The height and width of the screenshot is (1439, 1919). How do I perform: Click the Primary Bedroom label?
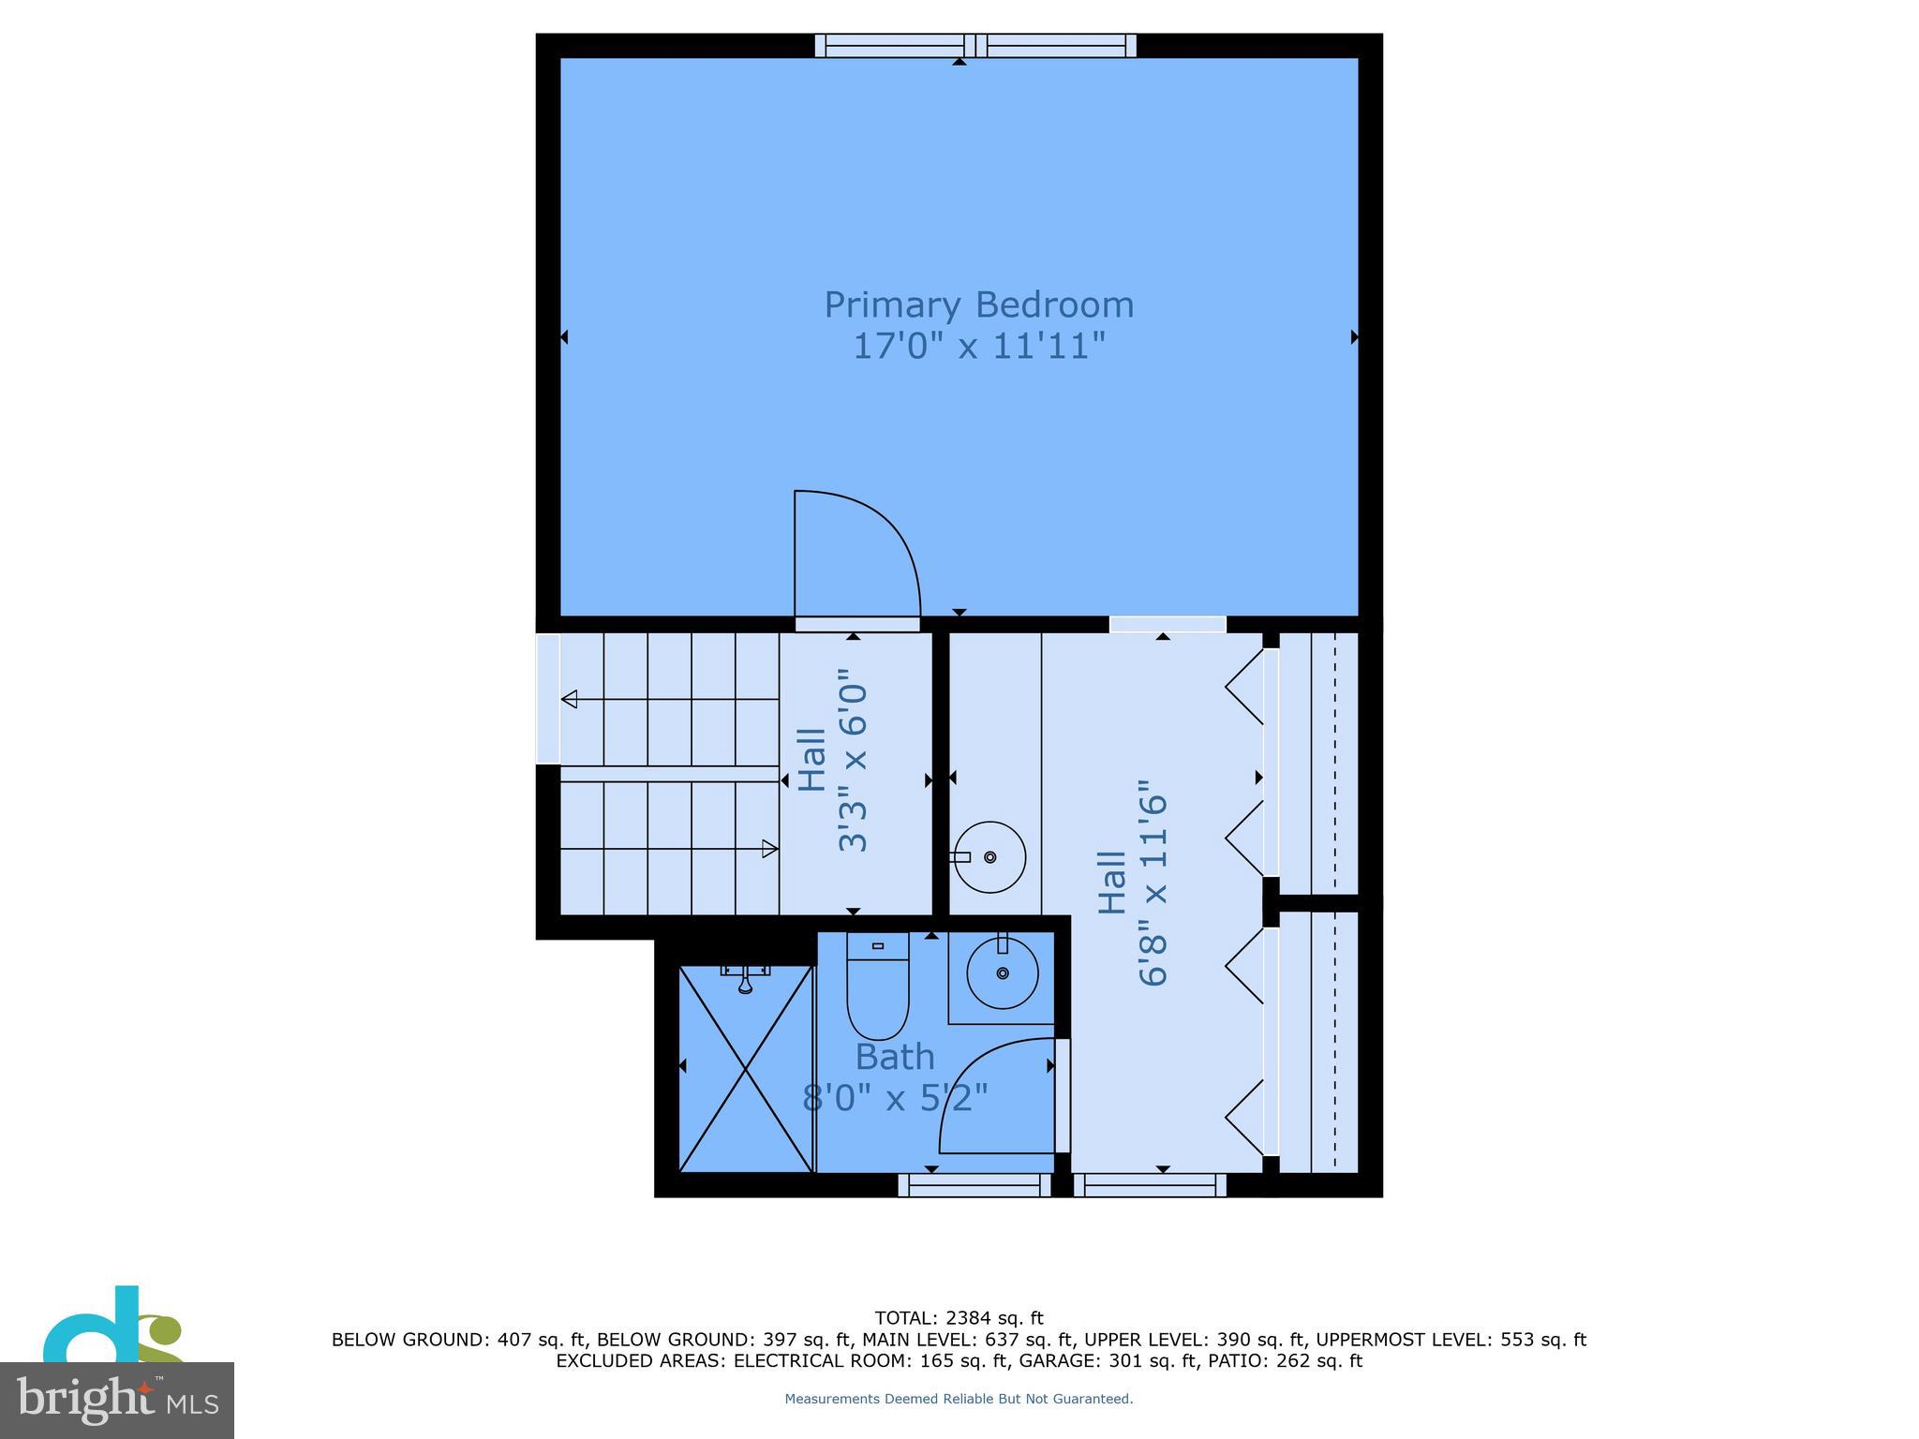pos(978,305)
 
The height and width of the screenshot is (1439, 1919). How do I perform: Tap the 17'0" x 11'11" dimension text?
pos(978,347)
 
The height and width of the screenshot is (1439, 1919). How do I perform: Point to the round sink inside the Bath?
pos(1002,974)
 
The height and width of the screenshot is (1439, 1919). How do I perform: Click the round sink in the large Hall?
pos(989,856)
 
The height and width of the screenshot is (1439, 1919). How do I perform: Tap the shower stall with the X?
pos(745,1068)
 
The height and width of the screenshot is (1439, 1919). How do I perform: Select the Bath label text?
pos(895,1057)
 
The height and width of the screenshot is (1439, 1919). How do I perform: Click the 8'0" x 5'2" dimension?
pos(895,1097)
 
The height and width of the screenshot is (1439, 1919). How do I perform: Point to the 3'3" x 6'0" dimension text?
pos(852,760)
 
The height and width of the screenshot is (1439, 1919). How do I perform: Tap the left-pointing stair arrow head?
pos(569,699)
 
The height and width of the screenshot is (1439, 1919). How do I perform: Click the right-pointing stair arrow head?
pos(770,849)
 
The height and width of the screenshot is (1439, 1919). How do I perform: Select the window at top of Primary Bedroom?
pos(974,45)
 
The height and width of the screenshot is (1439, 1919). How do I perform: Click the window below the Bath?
pos(974,1185)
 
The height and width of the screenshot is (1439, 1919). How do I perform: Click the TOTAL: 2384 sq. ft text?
pos(959,1319)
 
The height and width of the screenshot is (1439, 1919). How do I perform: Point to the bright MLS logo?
pos(117,1399)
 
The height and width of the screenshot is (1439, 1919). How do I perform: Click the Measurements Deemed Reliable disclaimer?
pos(959,1399)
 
